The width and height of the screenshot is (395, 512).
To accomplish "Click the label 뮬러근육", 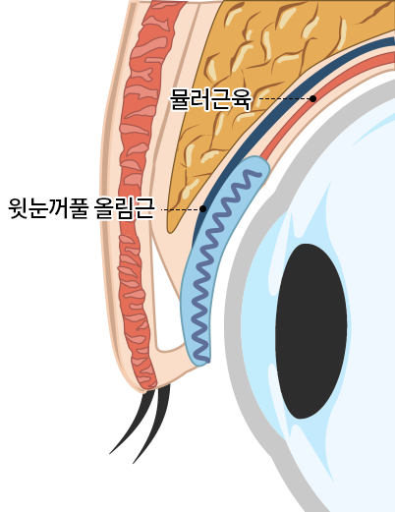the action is click(210, 98).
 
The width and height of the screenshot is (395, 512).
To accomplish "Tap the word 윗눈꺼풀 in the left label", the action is click(48, 208).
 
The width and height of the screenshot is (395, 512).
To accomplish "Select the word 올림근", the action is click(124, 208).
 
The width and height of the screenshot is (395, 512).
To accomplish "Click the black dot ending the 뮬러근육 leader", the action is click(312, 98).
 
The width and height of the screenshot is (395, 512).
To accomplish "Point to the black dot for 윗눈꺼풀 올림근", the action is click(202, 208).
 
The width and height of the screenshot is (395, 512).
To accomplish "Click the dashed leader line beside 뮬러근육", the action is click(284, 98).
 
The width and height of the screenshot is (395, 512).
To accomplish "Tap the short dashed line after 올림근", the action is click(180, 209).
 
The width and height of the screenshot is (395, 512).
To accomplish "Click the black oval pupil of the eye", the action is click(310, 331).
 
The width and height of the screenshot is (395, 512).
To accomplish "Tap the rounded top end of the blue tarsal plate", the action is click(258, 161).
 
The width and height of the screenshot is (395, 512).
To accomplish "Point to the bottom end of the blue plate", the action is click(199, 362).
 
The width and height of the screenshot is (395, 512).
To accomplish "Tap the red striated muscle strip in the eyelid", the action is click(138, 197).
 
